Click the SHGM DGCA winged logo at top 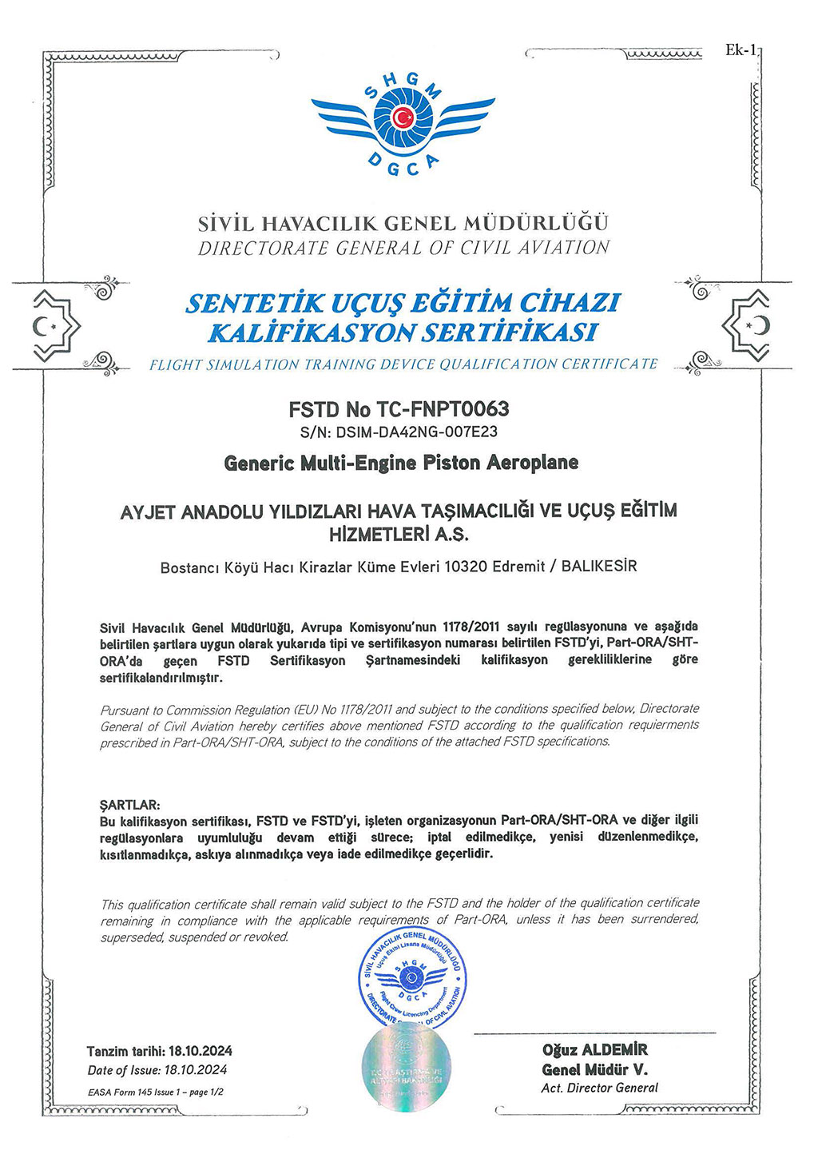coord(403,120)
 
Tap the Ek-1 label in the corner coord(740,50)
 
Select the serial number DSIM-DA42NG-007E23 coord(417,432)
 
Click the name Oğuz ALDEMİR coord(594,1050)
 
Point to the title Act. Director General coord(599,1088)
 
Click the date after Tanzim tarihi coord(201,1051)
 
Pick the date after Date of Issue coord(195,1070)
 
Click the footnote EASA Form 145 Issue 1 coord(134,1092)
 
